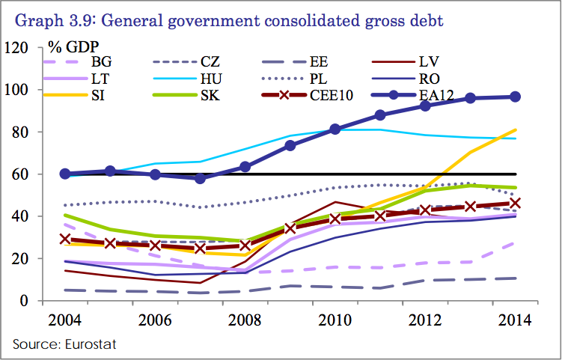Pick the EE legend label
pyautogui.click(x=320, y=62)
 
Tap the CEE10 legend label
pyautogui.click(x=331, y=94)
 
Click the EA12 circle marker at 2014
pyautogui.click(x=515, y=97)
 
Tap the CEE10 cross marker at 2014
pyautogui.click(x=515, y=203)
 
